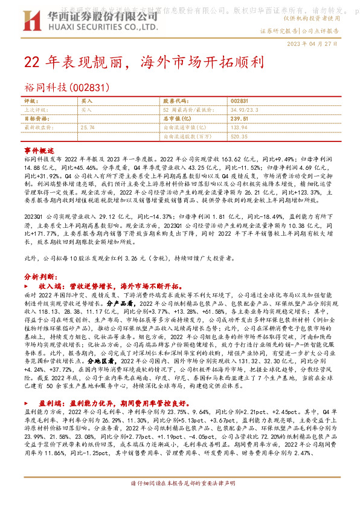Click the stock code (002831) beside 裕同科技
(91, 88)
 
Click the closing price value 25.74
(88, 128)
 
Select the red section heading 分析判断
(39, 276)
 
